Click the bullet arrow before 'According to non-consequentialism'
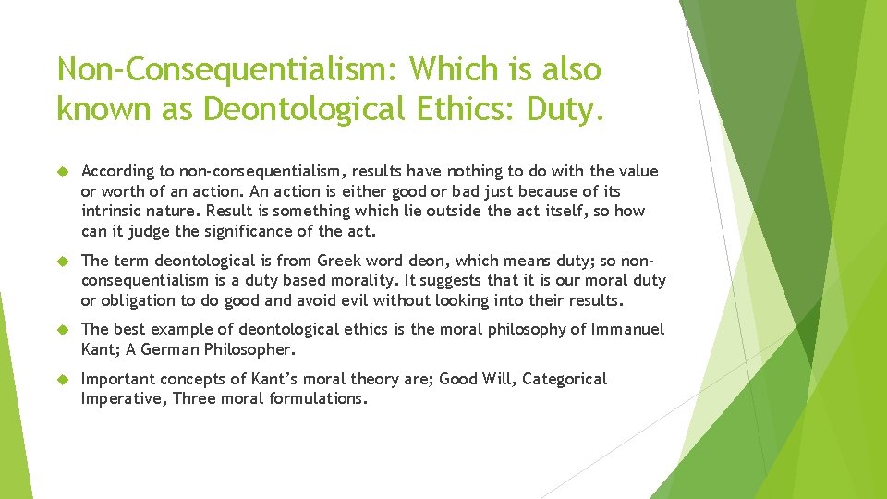tap(64, 171)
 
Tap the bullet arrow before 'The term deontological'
tap(64, 261)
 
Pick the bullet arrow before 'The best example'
tap(64, 330)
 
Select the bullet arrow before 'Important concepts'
tap(64, 379)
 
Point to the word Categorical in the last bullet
tap(565, 379)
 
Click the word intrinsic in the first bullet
tap(110, 211)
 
